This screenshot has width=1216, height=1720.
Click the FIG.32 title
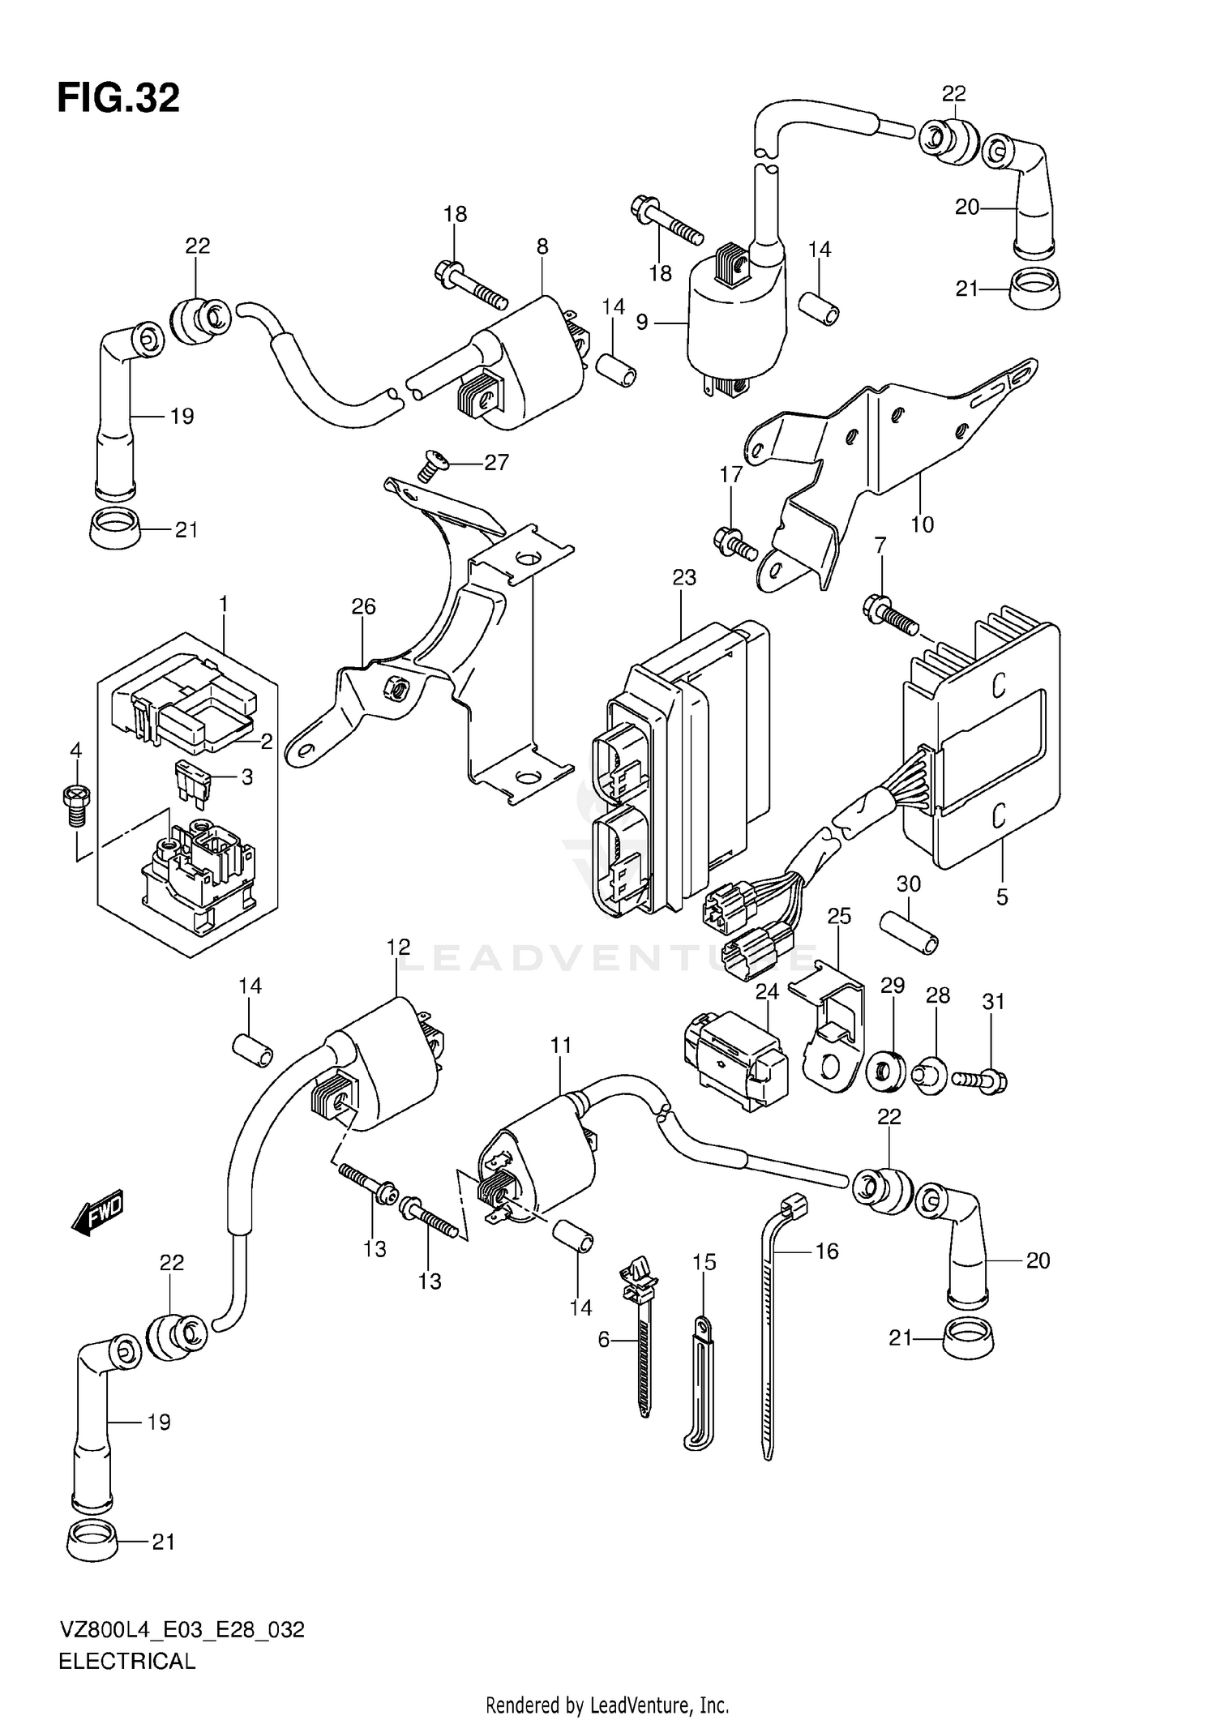[118, 99]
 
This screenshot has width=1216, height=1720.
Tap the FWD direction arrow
[96, 1213]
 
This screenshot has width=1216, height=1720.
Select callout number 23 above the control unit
[684, 578]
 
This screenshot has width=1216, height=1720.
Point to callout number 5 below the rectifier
[1002, 897]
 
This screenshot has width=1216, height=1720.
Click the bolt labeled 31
[981, 1079]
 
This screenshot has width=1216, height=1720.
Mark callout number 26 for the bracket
[364, 606]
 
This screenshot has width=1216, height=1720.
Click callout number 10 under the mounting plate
[923, 524]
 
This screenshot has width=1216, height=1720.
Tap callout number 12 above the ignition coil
[398, 947]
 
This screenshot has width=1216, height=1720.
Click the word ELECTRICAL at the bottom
[127, 1662]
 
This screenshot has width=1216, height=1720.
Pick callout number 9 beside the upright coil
[642, 323]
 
